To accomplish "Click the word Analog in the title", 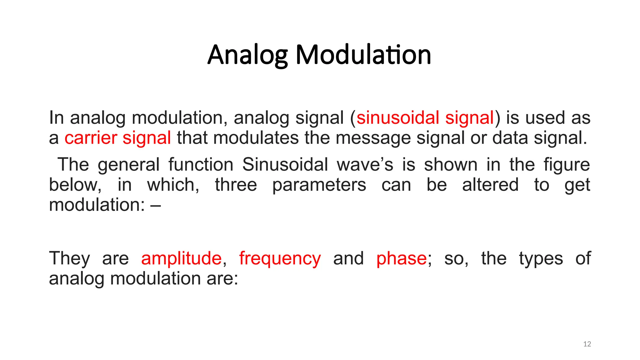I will tap(247, 55).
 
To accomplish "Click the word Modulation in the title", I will tap(363, 55).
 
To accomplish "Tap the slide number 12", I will tap(587, 344).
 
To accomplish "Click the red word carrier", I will tap(91, 138).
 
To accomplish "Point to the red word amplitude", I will tap(181, 259).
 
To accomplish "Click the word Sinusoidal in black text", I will tap(285, 165).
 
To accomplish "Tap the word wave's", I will tap(365, 165).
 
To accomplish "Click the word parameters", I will tap(319, 185).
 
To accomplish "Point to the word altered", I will tap(490, 185).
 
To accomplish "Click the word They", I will tap(69, 259).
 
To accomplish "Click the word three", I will tap(236, 185).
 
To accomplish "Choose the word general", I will tap(128, 165).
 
